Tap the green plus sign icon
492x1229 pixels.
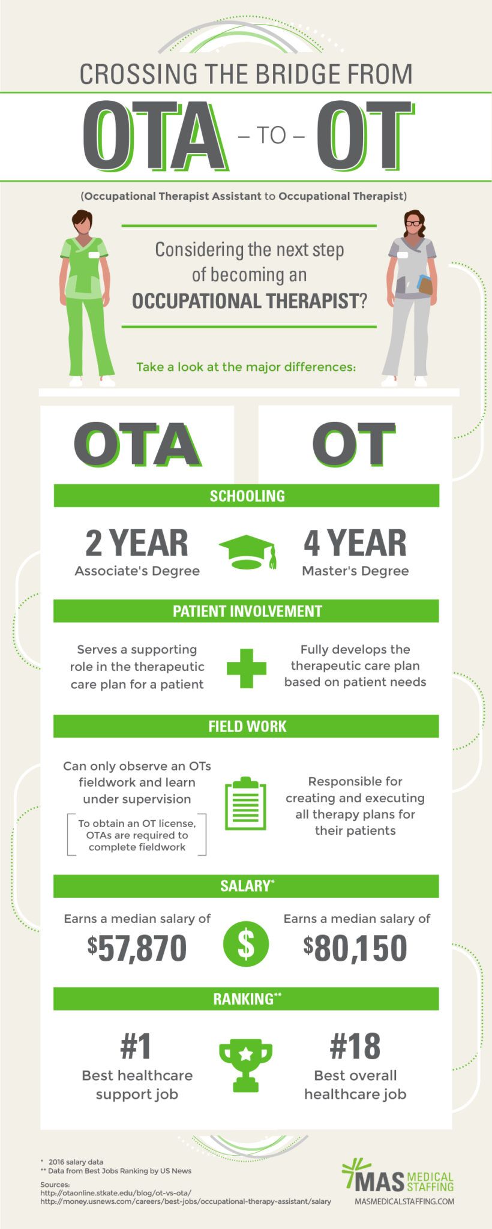click(247, 668)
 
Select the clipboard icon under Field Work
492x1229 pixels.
click(245, 804)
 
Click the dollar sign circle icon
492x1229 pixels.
click(246, 943)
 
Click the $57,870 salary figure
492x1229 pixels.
click(137, 948)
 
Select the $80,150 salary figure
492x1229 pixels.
click(355, 948)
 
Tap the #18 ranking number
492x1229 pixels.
click(355, 1046)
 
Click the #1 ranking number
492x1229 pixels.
click(136, 1046)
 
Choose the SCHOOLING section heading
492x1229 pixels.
click(247, 496)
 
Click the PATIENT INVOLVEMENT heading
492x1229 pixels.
click(247, 611)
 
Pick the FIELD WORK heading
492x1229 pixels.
click(247, 726)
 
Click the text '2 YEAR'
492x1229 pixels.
click(137, 542)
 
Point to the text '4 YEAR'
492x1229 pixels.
click(355, 542)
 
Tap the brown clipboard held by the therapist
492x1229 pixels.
click(425, 285)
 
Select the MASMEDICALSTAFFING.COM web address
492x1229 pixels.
click(404, 1201)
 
